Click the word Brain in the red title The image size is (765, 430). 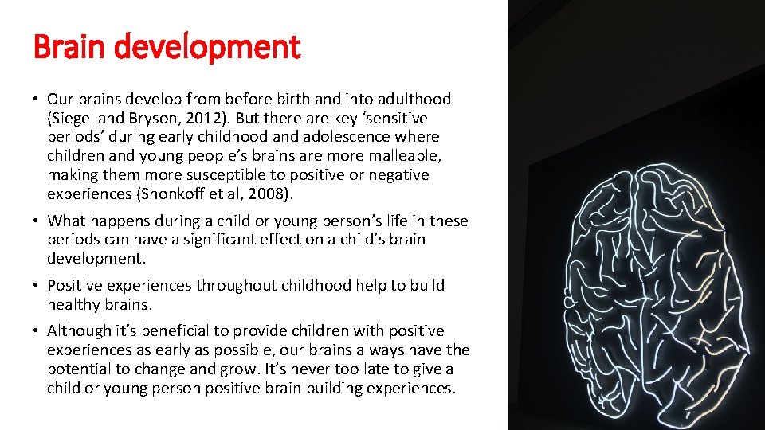pos(69,48)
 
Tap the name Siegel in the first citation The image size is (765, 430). pos(74,118)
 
